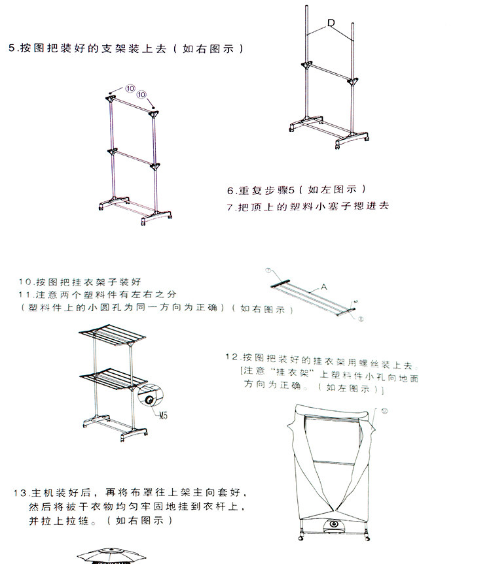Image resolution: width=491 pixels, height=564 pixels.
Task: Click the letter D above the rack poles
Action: [x=331, y=24]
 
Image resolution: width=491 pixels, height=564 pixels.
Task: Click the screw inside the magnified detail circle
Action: [x=150, y=399]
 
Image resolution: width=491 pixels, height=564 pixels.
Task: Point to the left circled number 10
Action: [x=130, y=88]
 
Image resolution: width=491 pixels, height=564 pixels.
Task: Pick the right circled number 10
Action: [x=141, y=95]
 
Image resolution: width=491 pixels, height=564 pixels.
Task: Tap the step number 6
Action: [x=230, y=191]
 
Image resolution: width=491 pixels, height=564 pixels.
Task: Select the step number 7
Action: [x=230, y=207]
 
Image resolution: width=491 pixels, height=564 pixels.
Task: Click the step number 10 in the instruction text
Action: [x=26, y=282]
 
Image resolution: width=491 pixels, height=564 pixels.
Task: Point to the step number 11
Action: [x=25, y=295]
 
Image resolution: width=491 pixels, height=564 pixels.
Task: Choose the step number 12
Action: [x=230, y=357]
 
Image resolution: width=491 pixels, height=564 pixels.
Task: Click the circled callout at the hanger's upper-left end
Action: [x=268, y=271]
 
